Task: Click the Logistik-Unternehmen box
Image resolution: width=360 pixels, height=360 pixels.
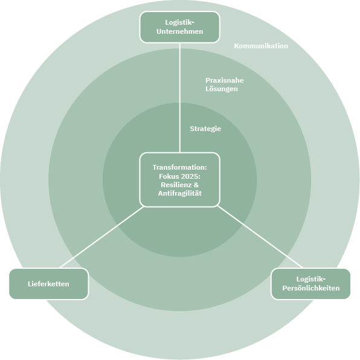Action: (x=180, y=27)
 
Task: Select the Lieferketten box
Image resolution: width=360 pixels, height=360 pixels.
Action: (x=49, y=284)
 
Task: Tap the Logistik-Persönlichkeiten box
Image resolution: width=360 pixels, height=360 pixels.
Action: (x=310, y=284)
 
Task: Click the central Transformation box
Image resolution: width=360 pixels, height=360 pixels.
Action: (x=180, y=180)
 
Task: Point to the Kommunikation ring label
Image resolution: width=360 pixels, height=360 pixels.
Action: (x=261, y=46)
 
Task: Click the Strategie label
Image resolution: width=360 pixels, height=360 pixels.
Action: (x=205, y=129)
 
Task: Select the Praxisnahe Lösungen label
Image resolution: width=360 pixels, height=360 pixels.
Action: (x=224, y=85)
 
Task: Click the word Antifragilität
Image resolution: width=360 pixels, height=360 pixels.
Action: (x=180, y=193)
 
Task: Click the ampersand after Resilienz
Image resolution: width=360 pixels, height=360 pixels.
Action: (x=196, y=185)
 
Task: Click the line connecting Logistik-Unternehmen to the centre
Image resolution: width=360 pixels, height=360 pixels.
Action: (x=180, y=98)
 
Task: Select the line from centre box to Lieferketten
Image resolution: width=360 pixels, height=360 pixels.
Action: (x=101, y=237)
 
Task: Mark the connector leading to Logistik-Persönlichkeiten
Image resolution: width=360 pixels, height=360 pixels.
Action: (x=260, y=237)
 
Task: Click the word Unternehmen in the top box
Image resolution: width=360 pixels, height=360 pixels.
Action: (x=180, y=31)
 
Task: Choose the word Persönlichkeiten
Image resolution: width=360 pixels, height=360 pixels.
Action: (x=311, y=288)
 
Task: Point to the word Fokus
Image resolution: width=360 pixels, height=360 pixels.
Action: (x=169, y=176)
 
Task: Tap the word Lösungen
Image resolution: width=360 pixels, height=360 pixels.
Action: (x=222, y=89)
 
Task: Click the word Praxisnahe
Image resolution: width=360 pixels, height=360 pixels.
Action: (x=224, y=80)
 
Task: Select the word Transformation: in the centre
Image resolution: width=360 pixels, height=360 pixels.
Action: (x=180, y=167)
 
